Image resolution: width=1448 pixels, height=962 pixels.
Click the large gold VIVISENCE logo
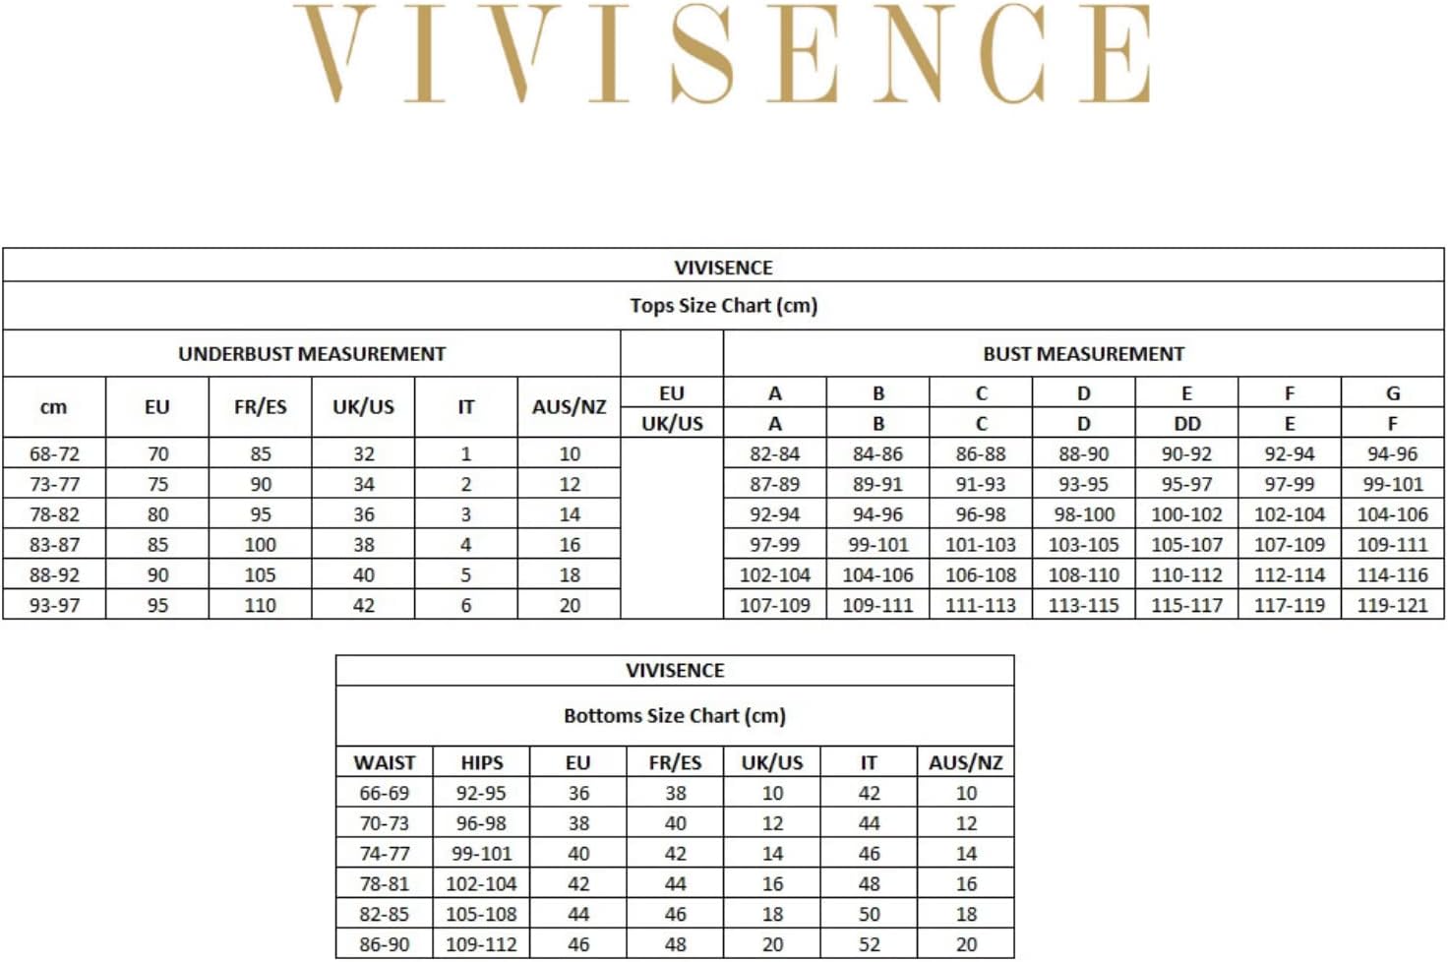click(x=723, y=54)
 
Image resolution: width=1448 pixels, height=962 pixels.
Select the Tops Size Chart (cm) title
click(x=723, y=306)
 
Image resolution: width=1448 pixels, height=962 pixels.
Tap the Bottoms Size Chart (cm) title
click(x=674, y=716)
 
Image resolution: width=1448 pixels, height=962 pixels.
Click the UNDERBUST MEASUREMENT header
click(x=311, y=354)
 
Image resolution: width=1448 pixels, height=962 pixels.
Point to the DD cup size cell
click(x=1186, y=424)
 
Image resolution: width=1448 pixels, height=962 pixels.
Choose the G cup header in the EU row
click(x=1392, y=393)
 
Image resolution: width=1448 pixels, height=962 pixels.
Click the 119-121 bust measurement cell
click(x=1392, y=606)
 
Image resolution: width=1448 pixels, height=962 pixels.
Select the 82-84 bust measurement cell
click(x=774, y=454)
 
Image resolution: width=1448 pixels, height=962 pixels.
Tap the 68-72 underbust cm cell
click(x=54, y=454)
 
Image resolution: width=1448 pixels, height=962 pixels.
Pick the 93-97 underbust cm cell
click(x=54, y=606)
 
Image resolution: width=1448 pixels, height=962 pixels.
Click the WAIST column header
click(x=384, y=763)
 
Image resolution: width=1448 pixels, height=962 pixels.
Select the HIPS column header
click(x=481, y=763)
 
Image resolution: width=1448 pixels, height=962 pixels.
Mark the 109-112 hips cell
click(x=481, y=945)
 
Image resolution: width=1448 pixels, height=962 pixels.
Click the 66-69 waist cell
click(x=384, y=794)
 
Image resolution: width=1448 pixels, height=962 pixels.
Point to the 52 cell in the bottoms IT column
click(x=869, y=945)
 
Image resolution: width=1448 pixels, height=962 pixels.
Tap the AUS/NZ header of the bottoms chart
click(x=965, y=763)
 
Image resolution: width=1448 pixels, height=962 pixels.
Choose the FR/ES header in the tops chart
click(x=260, y=407)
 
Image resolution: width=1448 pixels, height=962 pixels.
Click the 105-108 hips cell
click(x=481, y=915)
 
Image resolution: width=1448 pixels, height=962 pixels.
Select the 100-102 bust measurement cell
click(x=1186, y=514)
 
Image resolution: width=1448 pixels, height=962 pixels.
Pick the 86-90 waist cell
click(x=384, y=945)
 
